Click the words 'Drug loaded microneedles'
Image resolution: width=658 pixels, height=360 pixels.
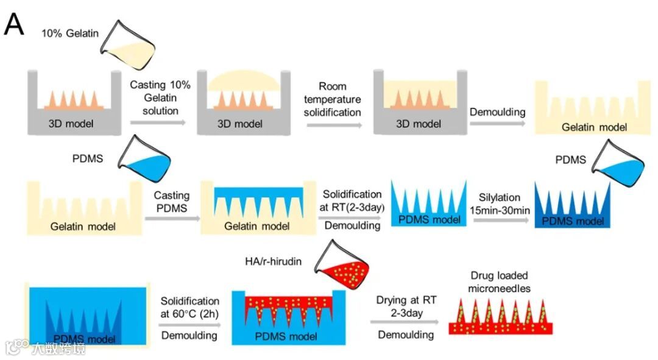coord(499,280)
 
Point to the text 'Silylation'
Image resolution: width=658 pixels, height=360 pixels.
coord(499,197)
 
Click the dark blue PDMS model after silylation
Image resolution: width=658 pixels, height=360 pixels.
coord(572,204)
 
